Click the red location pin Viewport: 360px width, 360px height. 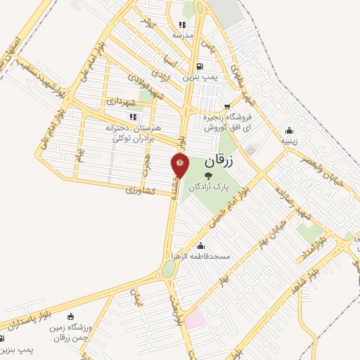(x=180, y=165)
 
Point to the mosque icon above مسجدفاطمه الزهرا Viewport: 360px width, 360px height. (x=202, y=245)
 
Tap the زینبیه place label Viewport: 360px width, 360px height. (x=290, y=141)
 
